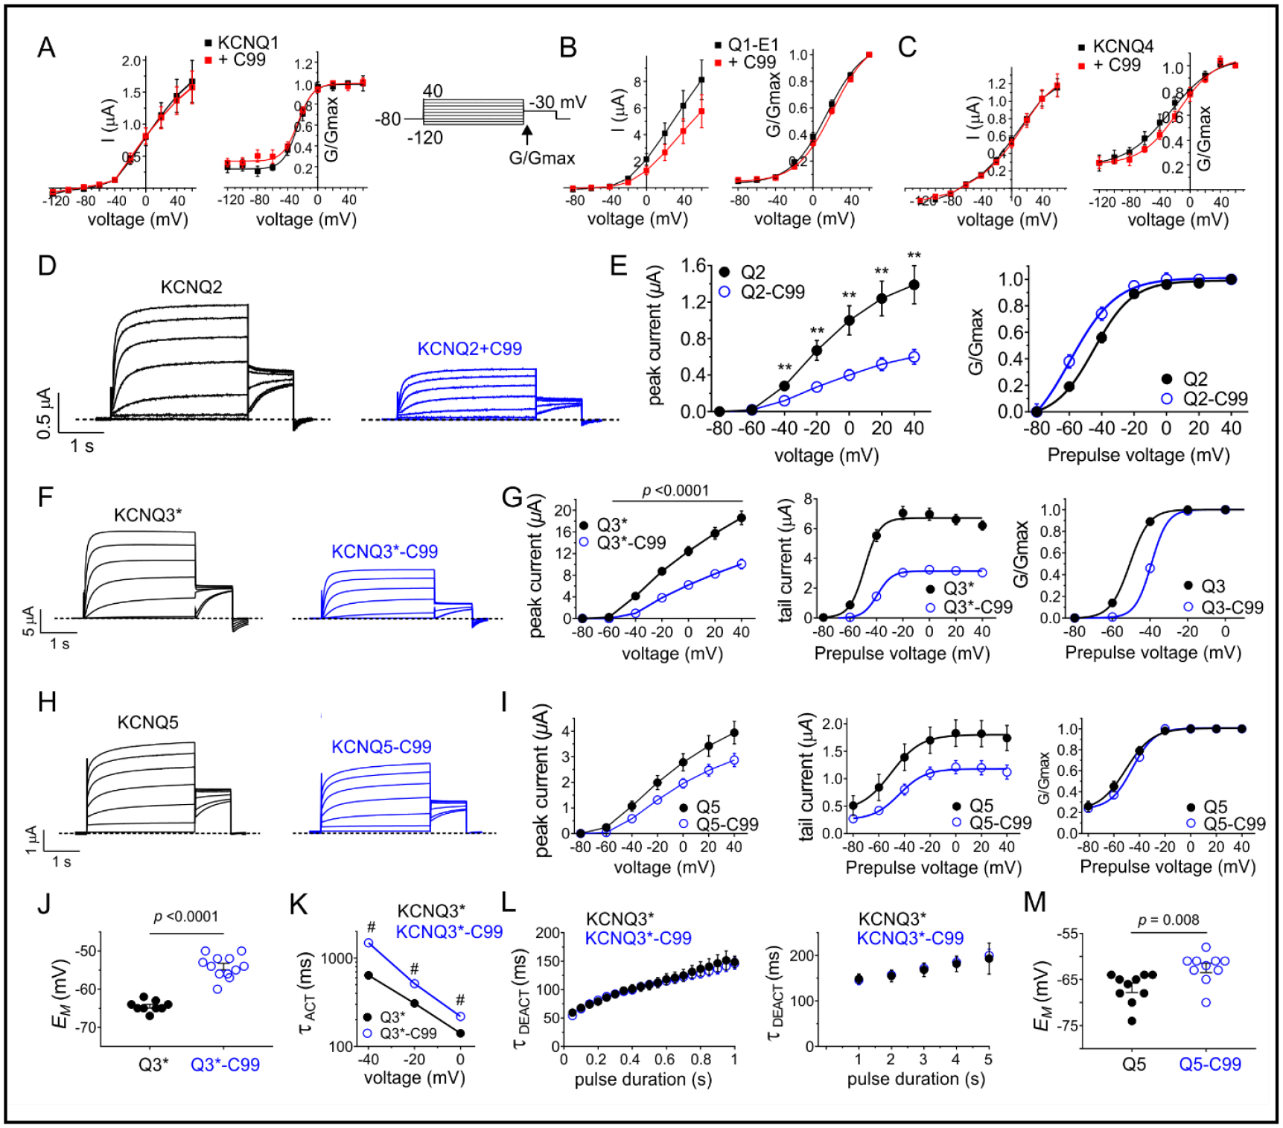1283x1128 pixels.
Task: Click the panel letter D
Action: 47,266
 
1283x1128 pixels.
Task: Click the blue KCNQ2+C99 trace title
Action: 469,348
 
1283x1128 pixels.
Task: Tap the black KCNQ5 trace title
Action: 147,722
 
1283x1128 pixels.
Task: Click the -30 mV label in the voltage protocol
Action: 558,102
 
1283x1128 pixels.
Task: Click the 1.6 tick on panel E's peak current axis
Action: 693,266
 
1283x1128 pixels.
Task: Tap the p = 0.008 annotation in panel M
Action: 1168,920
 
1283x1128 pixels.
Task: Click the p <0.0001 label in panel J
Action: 185,917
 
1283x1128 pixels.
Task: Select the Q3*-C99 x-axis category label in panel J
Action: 225,1065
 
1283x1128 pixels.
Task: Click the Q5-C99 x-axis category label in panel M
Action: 1209,1065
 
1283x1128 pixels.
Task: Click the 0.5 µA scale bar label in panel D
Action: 44,412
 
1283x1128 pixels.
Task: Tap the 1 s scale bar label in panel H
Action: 62,861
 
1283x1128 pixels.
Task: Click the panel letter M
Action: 1034,902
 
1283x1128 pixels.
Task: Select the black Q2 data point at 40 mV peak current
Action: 914,285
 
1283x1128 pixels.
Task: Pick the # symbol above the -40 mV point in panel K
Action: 370,928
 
